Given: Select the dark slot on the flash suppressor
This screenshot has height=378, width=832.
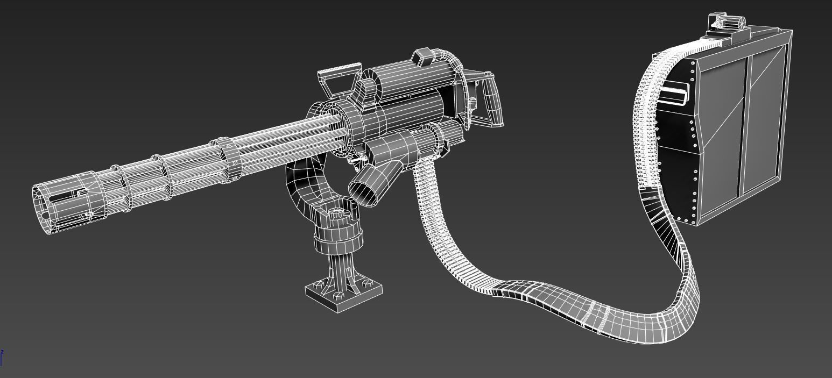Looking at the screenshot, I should (65, 197).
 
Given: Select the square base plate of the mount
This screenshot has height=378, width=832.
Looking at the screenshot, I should (344, 295).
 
